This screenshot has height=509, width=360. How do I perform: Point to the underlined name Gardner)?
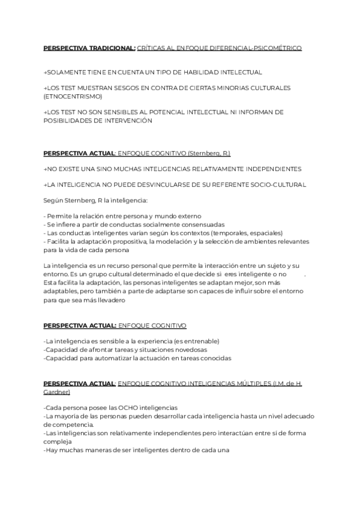57,392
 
